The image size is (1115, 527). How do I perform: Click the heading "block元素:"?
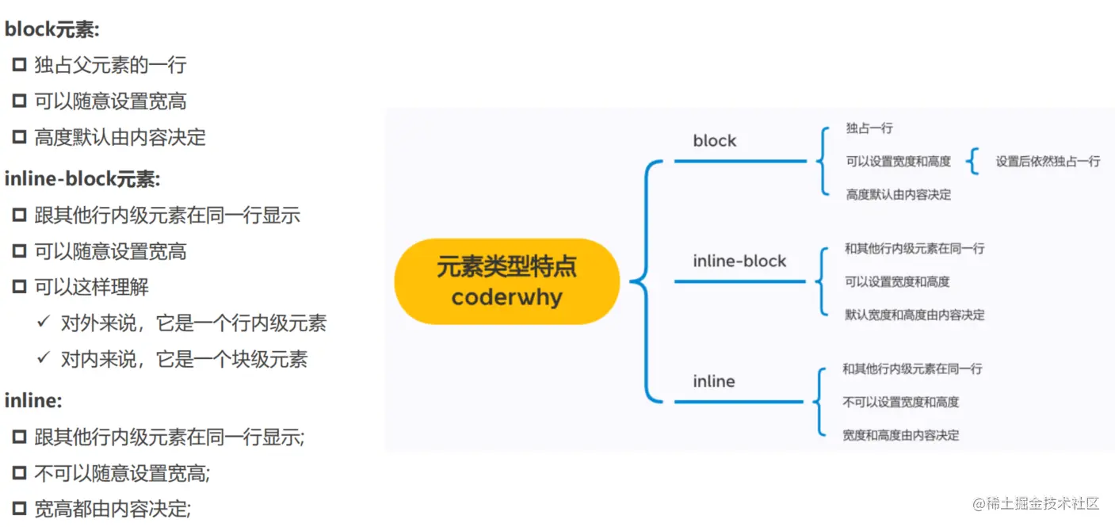(x=52, y=30)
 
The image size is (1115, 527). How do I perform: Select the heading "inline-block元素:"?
(x=82, y=180)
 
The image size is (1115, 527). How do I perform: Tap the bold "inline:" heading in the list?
(x=33, y=401)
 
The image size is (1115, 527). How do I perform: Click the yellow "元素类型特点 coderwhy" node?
(x=506, y=281)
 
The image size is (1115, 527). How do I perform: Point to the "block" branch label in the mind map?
(x=714, y=141)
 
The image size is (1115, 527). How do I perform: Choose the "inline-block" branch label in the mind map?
(x=739, y=262)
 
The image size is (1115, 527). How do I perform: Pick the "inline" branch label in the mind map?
(x=713, y=381)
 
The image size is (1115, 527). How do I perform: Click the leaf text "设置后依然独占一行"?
(x=1048, y=162)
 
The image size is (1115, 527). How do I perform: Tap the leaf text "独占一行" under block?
(x=869, y=128)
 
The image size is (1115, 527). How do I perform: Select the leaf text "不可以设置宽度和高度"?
(x=900, y=403)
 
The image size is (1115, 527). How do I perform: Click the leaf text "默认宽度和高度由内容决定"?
(x=915, y=315)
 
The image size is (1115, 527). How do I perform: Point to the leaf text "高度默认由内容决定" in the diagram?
(x=898, y=195)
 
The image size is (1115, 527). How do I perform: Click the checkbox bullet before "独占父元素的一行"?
(x=19, y=65)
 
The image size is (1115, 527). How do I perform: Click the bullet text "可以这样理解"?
(x=91, y=287)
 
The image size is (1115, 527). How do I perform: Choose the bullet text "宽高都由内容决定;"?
(x=113, y=508)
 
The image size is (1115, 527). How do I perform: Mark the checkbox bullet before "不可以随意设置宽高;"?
(x=19, y=474)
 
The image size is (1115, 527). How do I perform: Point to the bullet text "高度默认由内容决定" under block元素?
(x=120, y=138)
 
